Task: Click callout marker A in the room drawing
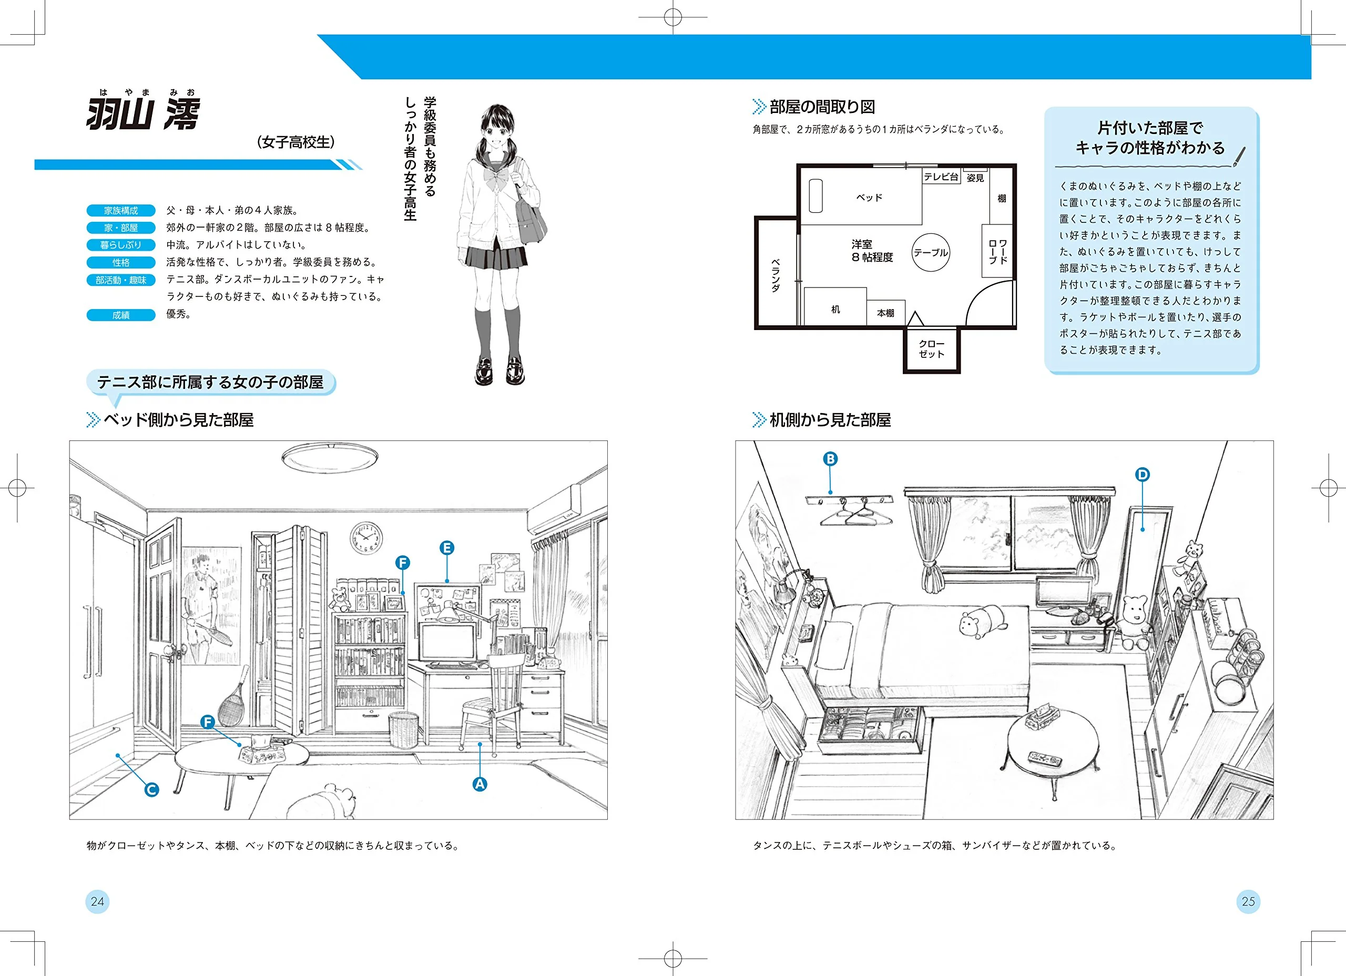480,784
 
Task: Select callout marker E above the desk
447,548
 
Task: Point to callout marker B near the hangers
830,459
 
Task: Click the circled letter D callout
1143,474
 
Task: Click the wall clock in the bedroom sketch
365,538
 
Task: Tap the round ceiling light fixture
330,458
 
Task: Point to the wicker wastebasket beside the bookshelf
404,731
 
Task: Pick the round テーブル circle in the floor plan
931,252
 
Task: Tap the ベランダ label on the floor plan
775,275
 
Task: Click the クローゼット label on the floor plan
932,349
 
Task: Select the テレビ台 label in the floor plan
941,177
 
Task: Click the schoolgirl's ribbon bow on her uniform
496,176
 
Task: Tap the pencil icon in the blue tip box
1239,156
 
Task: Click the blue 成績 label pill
121,315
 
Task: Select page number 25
1248,901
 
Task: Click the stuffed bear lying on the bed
983,621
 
